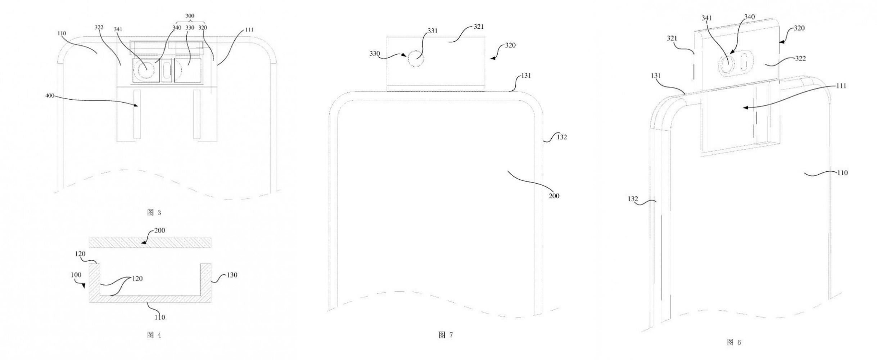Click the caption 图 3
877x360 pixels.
pyautogui.click(x=154, y=212)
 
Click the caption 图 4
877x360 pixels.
pyautogui.click(x=154, y=335)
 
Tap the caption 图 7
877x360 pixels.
pyautogui.click(x=446, y=335)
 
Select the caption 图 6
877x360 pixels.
pyautogui.click(x=734, y=342)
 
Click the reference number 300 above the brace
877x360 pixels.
pyautogui.click(x=190, y=16)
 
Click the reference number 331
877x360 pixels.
pyautogui.click(x=433, y=31)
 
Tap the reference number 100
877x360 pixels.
pyautogui.click(x=76, y=275)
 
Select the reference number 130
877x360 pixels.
pyautogui.click(x=232, y=275)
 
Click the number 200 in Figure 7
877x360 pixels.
pyautogui.click(x=554, y=196)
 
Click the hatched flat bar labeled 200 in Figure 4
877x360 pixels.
pyautogui.click(x=150, y=242)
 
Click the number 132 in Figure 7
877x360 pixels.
pyautogui.click(x=561, y=137)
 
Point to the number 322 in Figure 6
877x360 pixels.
pyautogui.click(x=800, y=58)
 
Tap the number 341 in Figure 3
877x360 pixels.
pyautogui.click(x=118, y=29)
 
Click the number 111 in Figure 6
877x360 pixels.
pyautogui.click(x=841, y=86)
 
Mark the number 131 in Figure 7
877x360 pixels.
pyautogui.click(x=526, y=76)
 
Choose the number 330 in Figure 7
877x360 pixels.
pyautogui.click(x=375, y=54)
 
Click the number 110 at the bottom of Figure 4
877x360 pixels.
pyautogui.click(x=159, y=317)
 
